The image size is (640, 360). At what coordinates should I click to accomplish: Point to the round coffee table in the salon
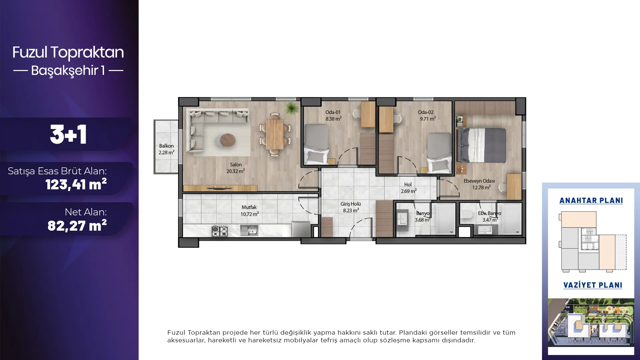[228, 140]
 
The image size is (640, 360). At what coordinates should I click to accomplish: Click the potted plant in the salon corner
[292, 108]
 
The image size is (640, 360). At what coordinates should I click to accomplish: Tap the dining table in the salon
[275, 134]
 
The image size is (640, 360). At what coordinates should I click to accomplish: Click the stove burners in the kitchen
[220, 231]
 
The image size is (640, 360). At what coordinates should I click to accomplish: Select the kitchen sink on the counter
[249, 230]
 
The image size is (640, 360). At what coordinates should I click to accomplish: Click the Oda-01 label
[333, 112]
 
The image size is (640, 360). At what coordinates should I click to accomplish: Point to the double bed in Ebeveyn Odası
[481, 145]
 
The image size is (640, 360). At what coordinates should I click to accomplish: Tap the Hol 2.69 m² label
[408, 188]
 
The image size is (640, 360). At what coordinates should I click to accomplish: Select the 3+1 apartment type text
[68, 135]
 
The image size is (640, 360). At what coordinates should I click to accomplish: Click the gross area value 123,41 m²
[76, 184]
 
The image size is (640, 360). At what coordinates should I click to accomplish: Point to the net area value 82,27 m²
[77, 226]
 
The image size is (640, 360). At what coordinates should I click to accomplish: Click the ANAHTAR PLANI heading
[591, 200]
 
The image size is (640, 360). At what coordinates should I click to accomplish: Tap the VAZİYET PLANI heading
[593, 285]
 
